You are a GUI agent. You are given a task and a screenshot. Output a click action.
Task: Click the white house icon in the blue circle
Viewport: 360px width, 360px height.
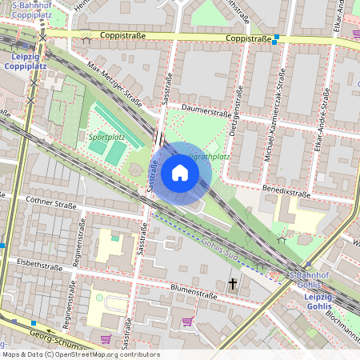[179, 173]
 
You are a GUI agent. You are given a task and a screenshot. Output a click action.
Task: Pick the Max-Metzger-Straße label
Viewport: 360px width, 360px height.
[114, 84]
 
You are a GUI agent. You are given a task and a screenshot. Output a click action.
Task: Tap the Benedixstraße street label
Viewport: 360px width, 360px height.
[286, 193]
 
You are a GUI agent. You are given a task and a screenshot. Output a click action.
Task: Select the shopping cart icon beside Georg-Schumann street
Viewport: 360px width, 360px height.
[106, 339]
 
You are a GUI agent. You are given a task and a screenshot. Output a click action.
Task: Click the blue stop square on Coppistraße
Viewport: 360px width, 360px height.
[276, 38]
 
